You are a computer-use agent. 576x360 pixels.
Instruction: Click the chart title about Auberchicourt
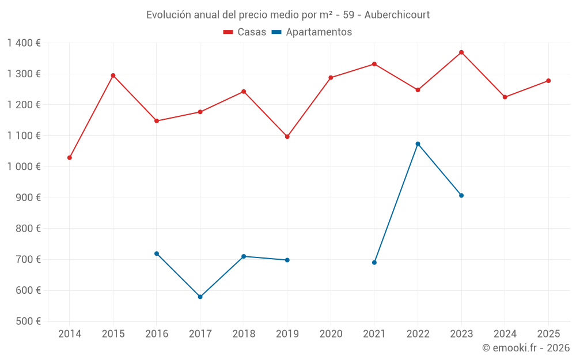coord(288,14)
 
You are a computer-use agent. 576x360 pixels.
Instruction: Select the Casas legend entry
coord(245,32)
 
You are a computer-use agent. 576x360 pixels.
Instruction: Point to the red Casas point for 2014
coord(70,158)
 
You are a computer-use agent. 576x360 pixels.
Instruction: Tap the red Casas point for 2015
coord(113,75)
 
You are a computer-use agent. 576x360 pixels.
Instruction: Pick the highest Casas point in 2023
coord(461,52)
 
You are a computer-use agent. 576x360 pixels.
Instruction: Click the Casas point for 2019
coord(287,137)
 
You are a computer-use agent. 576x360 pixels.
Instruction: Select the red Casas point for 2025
coord(548,81)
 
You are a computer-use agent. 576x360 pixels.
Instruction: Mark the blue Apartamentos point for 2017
coord(200,297)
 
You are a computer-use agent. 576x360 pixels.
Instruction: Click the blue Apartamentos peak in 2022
coord(418,144)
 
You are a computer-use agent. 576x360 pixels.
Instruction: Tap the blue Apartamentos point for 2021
coord(374,263)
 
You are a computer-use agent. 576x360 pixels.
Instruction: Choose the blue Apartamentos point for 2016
coord(157,253)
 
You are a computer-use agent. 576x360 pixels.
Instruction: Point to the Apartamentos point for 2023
coord(461,195)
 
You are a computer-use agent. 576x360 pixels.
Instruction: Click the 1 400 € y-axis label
coord(24,43)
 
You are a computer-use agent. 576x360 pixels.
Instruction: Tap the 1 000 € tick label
coord(24,166)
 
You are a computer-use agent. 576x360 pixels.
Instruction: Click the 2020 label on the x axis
coord(331,334)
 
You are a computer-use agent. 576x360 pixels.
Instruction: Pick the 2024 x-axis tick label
coord(505,334)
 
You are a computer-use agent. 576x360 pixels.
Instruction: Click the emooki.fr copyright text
coord(525,348)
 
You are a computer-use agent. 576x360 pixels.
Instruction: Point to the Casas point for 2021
coord(374,64)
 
